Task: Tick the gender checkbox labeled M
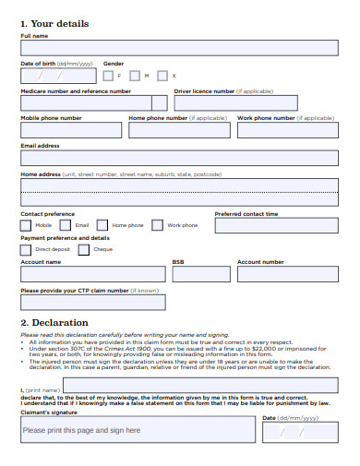pos(136,76)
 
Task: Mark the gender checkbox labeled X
pos(162,76)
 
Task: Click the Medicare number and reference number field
pos(93,103)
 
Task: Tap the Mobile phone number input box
pos(70,130)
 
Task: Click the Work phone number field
pos(287,130)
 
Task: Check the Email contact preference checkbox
pos(66,224)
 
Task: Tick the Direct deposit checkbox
pos(26,248)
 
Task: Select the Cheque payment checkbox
pos(84,248)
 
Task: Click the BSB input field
pos(201,274)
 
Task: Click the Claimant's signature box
pos(138,430)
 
